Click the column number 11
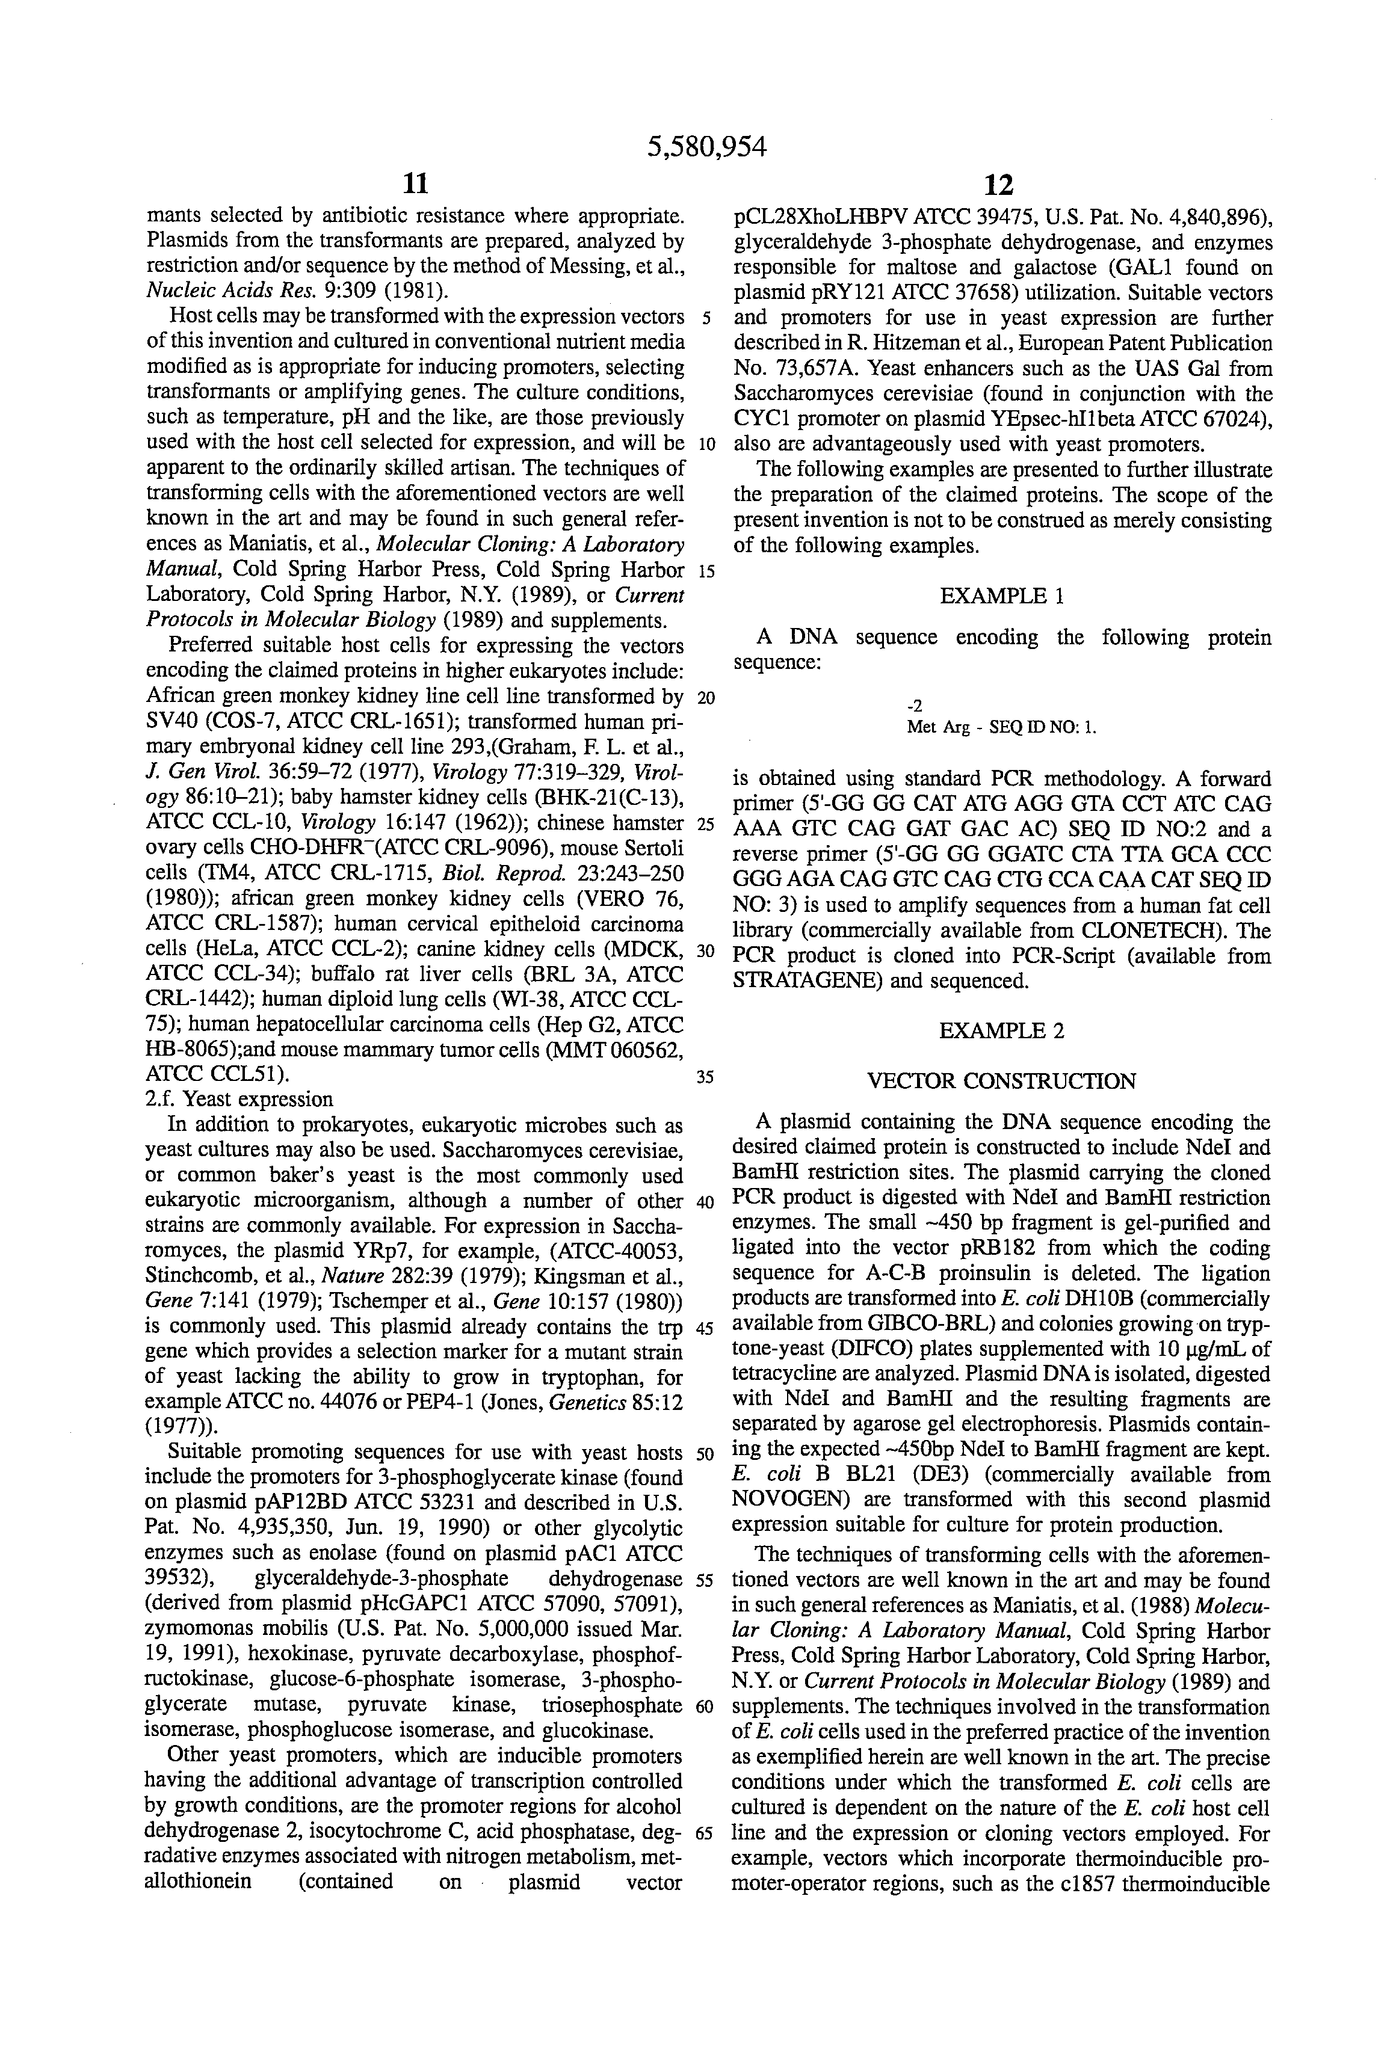pyautogui.click(x=415, y=183)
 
